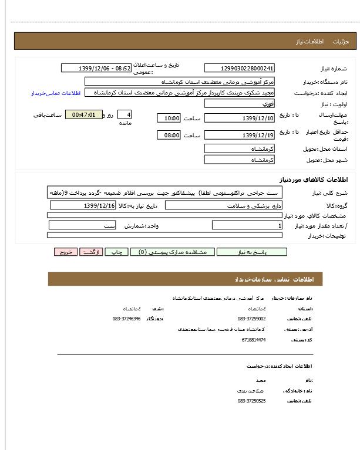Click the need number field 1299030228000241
click(239, 68)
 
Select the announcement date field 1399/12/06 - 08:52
click(97, 68)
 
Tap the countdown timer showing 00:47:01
click(83, 115)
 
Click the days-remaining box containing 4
click(125, 115)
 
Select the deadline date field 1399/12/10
click(239, 118)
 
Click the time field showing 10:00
click(169, 118)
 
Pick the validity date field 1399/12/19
click(239, 136)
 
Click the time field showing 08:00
click(169, 136)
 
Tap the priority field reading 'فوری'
click(239, 103)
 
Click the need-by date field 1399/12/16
click(83, 205)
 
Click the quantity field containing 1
click(247, 225)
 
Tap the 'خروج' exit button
click(65, 252)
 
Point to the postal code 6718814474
click(253, 340)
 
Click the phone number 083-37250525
click(251, 401)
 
